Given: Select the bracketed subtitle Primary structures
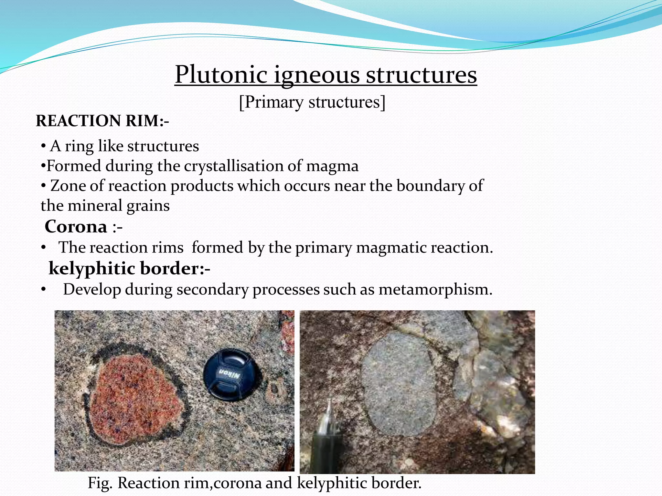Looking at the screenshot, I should tap(312, 102).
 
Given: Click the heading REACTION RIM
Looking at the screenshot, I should tap(102, 121).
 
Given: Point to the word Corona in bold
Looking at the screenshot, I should tap(76, 226).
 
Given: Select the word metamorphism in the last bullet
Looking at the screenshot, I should tap(435, 289).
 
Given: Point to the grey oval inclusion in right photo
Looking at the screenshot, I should tap(399, 384).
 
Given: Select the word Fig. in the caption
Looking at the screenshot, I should tap(100, 483).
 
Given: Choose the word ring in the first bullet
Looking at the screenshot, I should tap(79, 146).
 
